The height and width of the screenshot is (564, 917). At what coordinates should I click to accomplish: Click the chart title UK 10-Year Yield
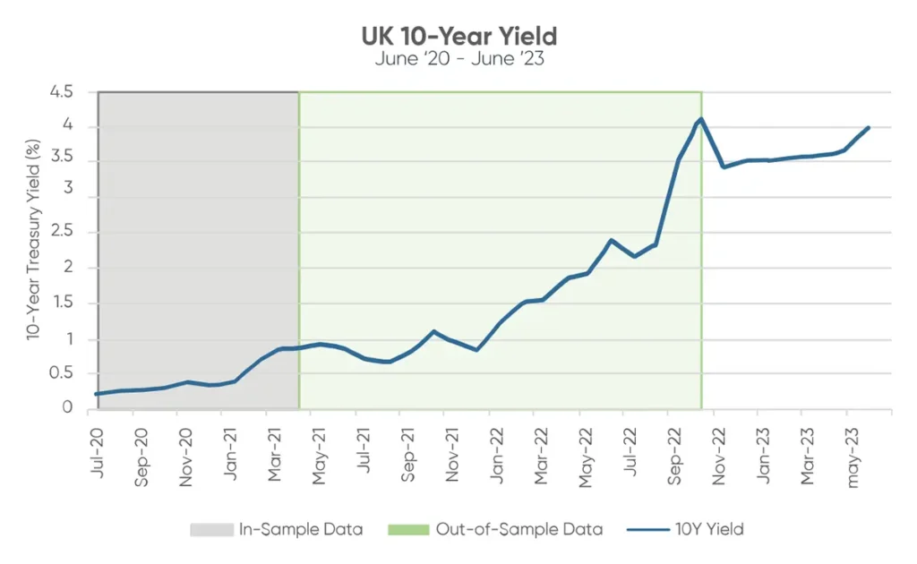click(x=458, y=37)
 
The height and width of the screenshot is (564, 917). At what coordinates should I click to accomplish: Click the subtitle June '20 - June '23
click(x=458, y=60)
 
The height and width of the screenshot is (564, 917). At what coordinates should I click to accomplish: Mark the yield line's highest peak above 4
click(x=700, y=118)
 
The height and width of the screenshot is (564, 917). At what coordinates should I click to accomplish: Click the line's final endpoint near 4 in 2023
click(x=868, y=128)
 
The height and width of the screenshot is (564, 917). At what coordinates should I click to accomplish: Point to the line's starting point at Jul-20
click(x=97, y=394)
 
